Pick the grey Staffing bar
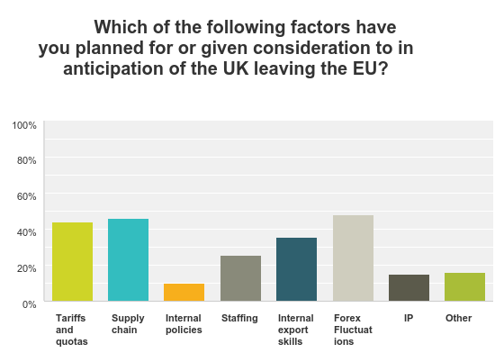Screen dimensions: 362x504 240,278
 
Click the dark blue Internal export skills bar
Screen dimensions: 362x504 296,269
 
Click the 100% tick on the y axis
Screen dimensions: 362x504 24,124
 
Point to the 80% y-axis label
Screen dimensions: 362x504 26,160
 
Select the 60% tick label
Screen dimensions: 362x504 26,195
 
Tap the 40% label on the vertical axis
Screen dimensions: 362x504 26,231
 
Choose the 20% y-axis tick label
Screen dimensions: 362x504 26,267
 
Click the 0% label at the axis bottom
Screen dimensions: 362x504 29,303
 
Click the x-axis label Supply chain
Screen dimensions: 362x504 128,323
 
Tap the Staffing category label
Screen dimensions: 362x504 239,318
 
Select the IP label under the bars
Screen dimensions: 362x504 409,318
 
